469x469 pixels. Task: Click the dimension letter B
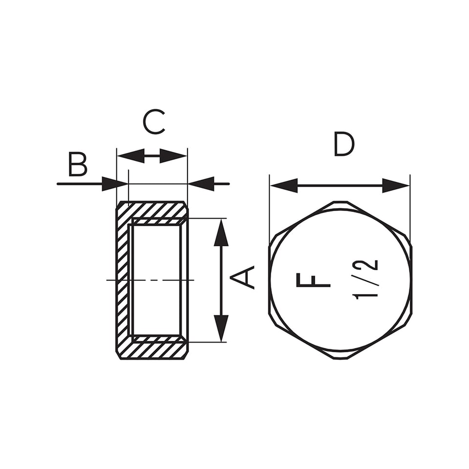[78, 164]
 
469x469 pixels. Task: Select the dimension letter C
[154, 122]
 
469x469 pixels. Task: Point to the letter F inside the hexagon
[313, 280]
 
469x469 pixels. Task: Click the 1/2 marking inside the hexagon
[365, 279]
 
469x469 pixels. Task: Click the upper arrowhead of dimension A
[221, 233]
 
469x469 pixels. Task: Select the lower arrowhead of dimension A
[221, 328]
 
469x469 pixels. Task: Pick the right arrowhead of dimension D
[396, 186]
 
